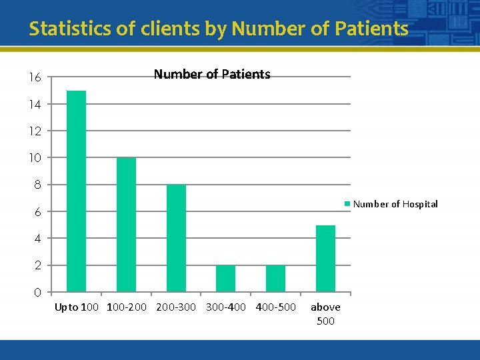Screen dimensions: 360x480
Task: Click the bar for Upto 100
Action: pos(76,191)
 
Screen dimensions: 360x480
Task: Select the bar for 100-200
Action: pos(126,225)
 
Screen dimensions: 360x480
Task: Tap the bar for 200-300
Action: pos(176,238)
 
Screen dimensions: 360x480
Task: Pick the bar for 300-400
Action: pos(226,279)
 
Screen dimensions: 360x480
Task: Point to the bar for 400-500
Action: pos(275,279)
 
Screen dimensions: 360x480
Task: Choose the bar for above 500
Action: pos(325,259)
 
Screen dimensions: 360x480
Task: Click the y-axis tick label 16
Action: pos(35,78)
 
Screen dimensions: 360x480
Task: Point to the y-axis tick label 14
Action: pos(35,105)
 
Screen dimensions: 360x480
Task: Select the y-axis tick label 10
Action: pos(35,158)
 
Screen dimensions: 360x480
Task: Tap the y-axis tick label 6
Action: pos(37,212)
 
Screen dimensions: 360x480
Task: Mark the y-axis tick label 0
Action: pos(37,293)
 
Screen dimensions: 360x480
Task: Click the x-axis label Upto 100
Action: pos(77,307)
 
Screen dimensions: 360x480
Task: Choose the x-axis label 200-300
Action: pos(176,307)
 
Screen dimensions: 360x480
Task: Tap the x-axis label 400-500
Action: pos(275,307)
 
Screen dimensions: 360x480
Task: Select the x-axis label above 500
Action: pos(325,314)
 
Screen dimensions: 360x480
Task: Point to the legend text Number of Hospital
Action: pos(395,204)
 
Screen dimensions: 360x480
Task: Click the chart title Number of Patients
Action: pos(212,75)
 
